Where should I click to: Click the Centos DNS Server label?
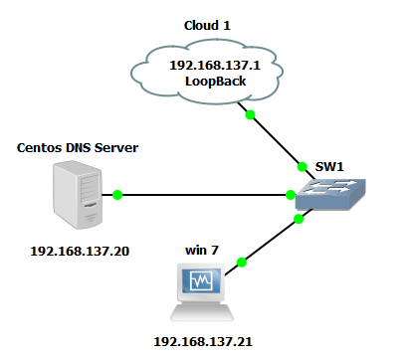tap(78, 148)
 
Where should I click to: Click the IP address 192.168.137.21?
tap(203, 341)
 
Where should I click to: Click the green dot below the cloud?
tap(251, 115)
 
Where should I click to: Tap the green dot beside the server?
tap(116, 195)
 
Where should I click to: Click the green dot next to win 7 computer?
tap(241, 263)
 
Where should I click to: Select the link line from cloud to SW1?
tap(274, 139)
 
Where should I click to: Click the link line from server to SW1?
tap(199, 195)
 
